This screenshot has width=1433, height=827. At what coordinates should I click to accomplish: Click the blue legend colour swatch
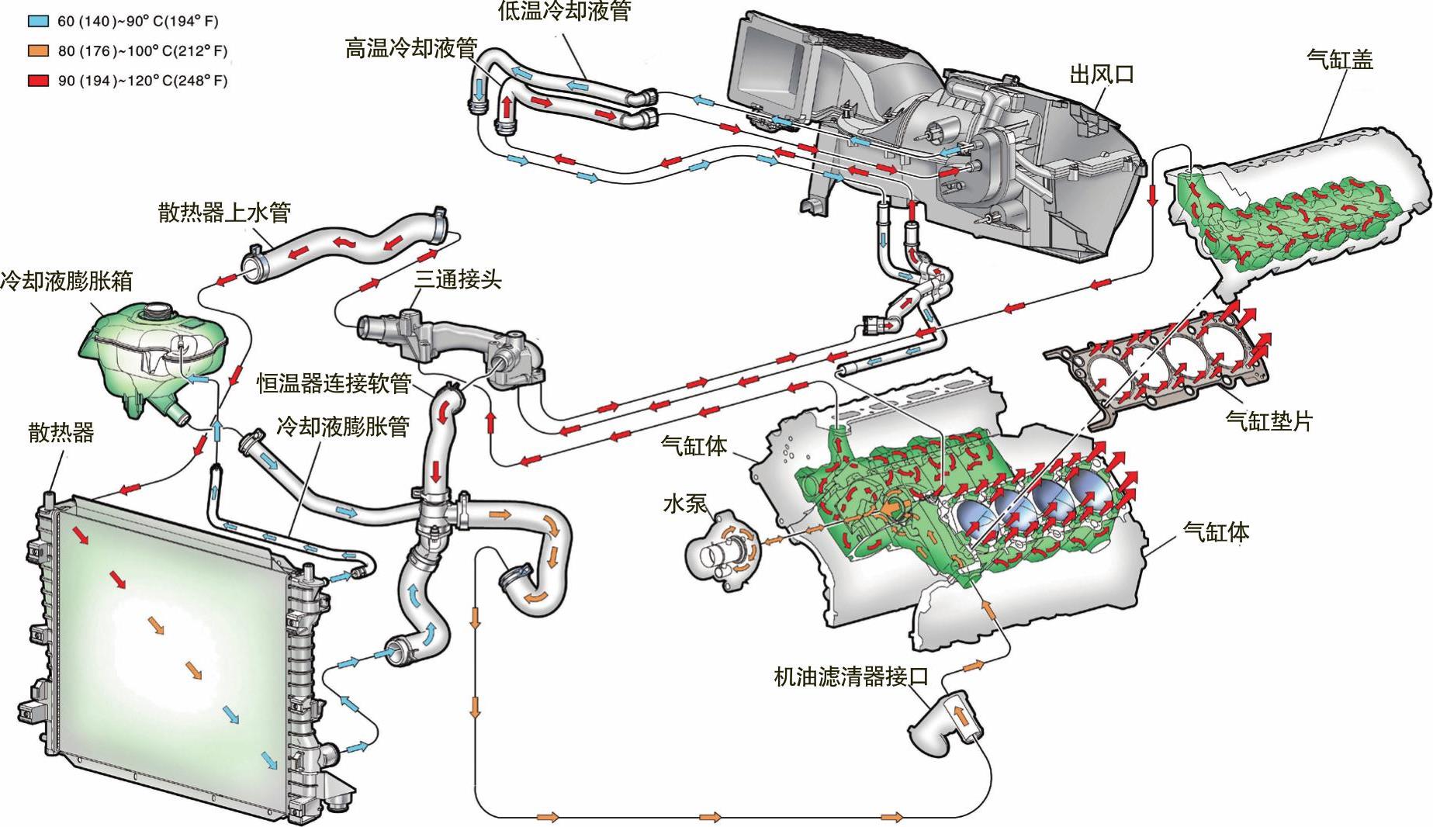click(x=41, y=22)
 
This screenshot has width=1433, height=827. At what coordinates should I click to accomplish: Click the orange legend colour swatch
click(x=41, y=51)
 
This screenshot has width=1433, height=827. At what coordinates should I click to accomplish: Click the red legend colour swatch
click(x=41, y=81)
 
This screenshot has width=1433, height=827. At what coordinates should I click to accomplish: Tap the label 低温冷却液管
click(x=565, y=10)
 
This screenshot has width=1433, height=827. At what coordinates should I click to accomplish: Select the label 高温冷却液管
click(x=411, y=49)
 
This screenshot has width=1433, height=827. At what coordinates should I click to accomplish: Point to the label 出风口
click(x=1102, y=74)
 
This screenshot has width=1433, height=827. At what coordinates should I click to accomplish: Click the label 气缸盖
click(x=1340, y=59)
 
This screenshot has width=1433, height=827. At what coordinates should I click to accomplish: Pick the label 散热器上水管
click(x=224, y=212)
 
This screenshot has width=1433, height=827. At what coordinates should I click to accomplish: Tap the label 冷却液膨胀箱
click(x=67, y=280)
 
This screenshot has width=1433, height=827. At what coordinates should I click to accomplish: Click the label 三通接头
click(x=458, y=279)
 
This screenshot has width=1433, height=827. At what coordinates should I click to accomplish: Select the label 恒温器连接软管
click(x=334, y=383)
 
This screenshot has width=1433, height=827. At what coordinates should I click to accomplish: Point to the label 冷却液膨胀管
click(x=343, y=426)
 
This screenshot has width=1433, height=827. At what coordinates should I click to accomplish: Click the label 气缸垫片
click(x=1269, y=420)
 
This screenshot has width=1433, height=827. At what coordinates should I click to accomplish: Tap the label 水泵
click(x=685, y=503)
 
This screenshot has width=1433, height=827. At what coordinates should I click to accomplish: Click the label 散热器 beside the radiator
click(x=61, y=432)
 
